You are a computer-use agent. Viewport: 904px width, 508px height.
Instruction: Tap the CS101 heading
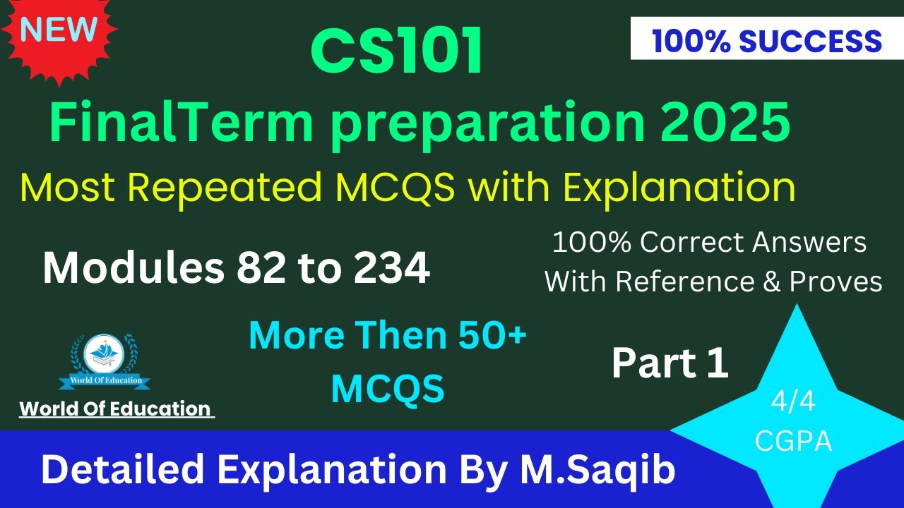coord(397,54)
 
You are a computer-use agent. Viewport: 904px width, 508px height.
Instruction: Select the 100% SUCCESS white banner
coord(766,42)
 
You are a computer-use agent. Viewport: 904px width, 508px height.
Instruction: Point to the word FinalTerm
coord(181,123)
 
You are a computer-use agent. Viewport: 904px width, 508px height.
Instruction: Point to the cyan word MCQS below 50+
coord(388,388)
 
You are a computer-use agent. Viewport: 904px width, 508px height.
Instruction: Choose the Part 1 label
coord(670,363)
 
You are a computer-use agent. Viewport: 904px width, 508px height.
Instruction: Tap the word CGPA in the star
coord(793,441)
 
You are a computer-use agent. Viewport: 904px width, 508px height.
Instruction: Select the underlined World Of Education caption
coord(116,409)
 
